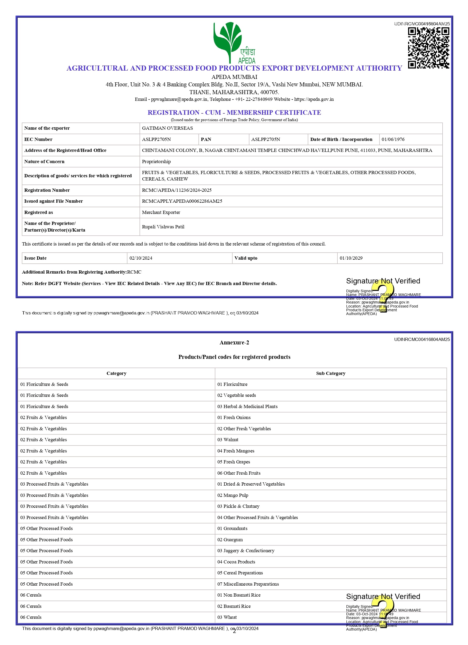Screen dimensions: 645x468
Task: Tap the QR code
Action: click(428, 48)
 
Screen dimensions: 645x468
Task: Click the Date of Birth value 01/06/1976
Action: click(393, 139)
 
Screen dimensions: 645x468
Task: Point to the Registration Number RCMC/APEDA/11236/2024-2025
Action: click(177, 190)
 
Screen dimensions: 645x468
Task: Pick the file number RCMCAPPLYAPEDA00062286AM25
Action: click(182, 201)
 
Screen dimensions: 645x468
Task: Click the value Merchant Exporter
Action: click(161, 212)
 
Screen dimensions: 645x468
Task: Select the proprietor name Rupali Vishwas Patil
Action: click(163, 227)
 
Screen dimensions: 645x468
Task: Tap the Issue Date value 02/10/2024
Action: click(141, 258)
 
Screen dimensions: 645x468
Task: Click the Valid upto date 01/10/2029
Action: click(351, 258)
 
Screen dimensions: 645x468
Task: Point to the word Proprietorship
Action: click(156, 162)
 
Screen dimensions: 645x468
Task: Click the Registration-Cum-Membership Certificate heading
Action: click(234, 112)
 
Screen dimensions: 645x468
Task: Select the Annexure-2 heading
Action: click(234, 342)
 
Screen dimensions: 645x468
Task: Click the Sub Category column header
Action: click(330, 373)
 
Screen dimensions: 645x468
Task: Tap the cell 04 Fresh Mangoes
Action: click(236, 451)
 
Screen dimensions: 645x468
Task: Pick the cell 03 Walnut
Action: click(228, 440)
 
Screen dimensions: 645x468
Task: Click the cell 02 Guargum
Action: click(230, 539)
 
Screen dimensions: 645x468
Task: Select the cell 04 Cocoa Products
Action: click(236, 562)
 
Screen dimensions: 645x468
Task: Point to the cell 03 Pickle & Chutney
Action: click(238, 506)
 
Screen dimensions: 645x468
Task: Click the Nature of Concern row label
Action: click(44, 162)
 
